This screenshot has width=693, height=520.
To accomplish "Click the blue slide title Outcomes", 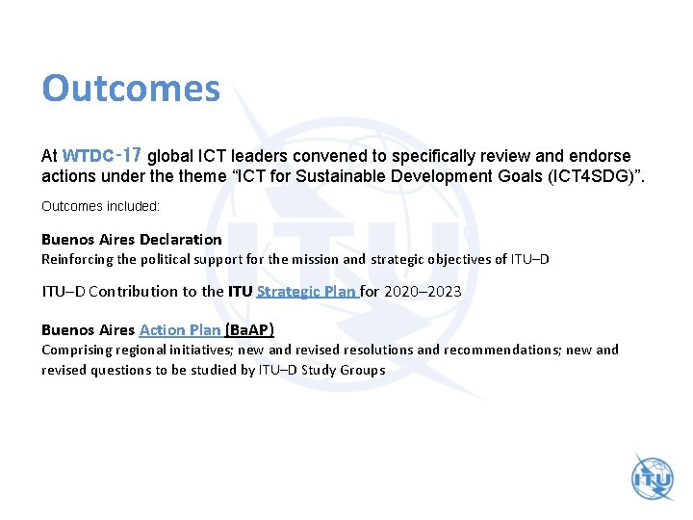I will click(131, 89).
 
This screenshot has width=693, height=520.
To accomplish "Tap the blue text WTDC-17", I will click(102, 155).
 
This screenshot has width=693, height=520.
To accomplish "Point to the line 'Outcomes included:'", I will click(100, 206).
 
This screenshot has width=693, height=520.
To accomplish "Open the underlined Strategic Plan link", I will click(306, 291).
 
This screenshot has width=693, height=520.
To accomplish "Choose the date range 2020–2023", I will click(423, 291).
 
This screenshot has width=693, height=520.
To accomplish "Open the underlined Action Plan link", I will click(180, 329).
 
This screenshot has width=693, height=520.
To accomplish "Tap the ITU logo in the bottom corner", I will click(653, 478).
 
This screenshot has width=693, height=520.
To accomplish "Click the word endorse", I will click(603, 155).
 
